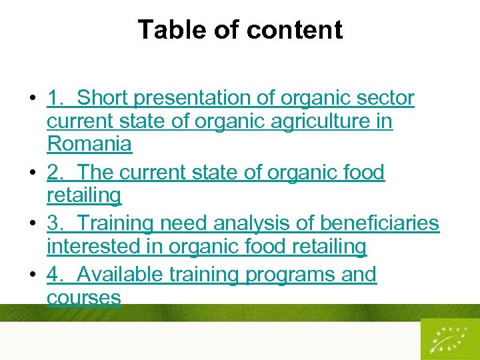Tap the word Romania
(89, 143)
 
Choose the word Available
(121, 275)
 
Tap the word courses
(84, 297)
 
